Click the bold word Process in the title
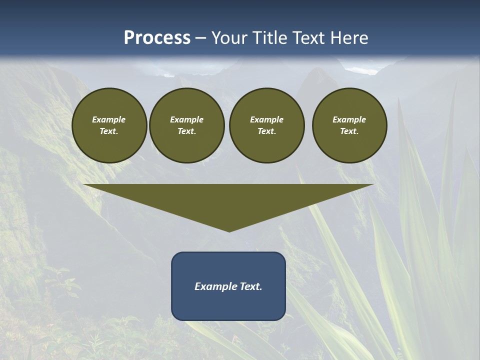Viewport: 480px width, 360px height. [x=157, y=38]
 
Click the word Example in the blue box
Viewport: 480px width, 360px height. [x=215, y=286]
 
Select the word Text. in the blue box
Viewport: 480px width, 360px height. [x=250, y=286]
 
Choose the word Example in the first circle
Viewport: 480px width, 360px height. [x=109, y=119]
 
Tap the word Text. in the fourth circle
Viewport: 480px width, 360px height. [x=349, y=131]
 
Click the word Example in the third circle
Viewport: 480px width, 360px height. [x=266, y=119]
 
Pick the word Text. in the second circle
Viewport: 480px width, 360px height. [x=186, y=131]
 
